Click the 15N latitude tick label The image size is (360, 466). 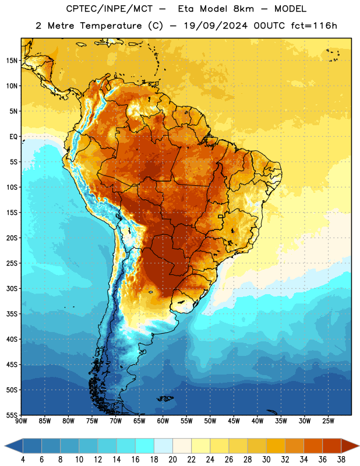12,61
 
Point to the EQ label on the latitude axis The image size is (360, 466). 13,137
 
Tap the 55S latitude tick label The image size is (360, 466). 12,415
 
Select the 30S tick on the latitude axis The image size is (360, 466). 12,288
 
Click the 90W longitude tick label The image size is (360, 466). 21,421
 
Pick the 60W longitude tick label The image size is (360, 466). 163,421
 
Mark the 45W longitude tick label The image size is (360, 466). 234,421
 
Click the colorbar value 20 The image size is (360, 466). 172,460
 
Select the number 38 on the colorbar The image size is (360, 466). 341,460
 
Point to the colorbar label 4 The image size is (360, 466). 23,460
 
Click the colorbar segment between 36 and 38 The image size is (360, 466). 332,446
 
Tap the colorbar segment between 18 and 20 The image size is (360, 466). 163,446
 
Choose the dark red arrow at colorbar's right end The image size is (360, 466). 350,446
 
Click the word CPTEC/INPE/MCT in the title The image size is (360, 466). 109,9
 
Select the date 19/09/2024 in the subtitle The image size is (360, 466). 216,26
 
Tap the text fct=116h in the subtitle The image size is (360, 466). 314,26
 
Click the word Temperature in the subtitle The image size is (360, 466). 111,26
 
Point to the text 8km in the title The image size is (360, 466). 243,9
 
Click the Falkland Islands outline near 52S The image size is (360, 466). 165,398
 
